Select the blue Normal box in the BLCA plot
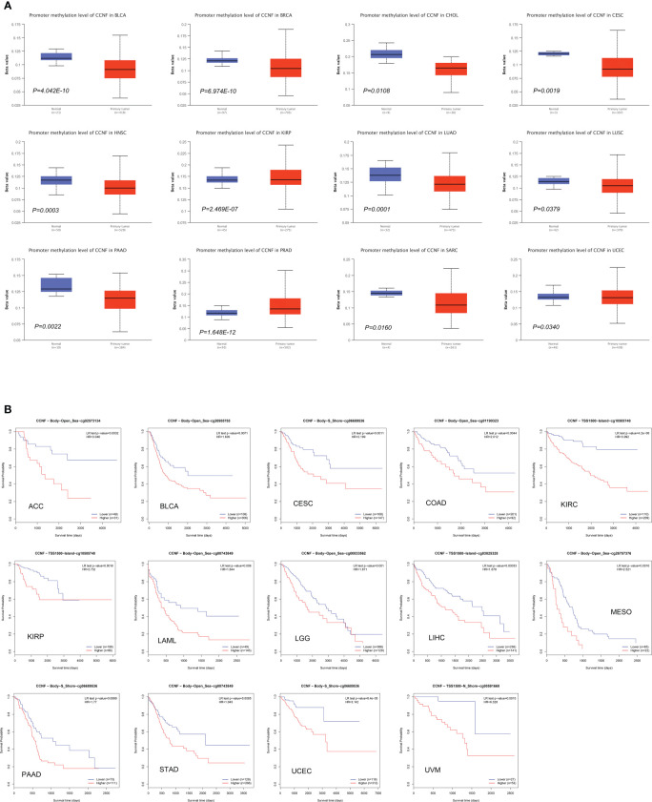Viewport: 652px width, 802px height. [x=57, y=57]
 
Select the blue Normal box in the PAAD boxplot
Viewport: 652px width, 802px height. [x=57, y=284]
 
